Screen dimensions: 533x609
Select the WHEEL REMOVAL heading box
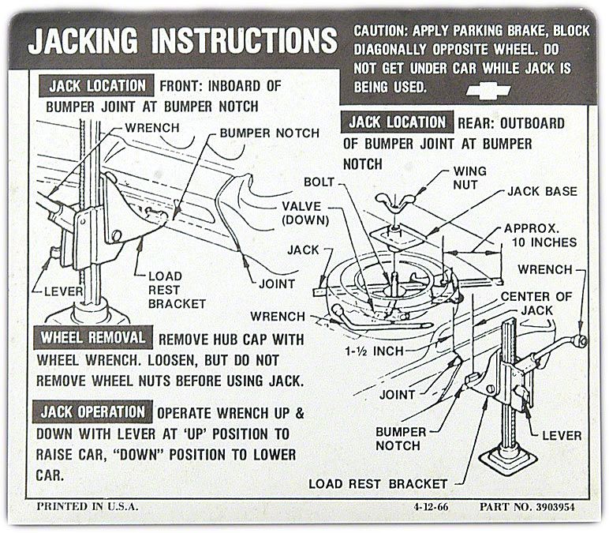93,338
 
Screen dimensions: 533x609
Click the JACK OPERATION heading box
93,411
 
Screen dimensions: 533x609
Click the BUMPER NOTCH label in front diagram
270,133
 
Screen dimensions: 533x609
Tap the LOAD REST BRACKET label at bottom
378,483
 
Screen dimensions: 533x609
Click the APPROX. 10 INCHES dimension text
540,235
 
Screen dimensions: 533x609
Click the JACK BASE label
541,191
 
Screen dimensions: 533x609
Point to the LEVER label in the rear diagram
562,435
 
